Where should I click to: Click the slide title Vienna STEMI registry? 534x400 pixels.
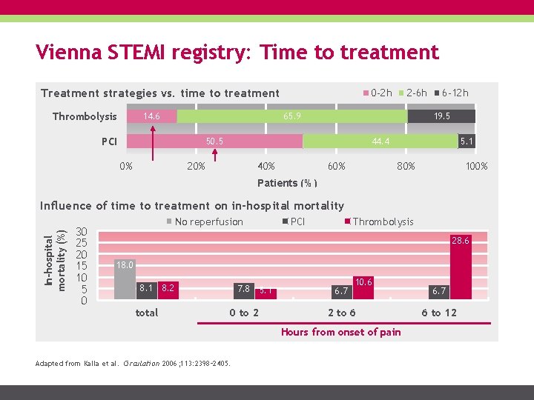click(x=237, y=53)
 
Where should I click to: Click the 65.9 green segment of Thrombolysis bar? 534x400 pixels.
click(x=292, y=116)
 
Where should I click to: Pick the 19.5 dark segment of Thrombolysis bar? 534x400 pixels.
click(x=441, y=116)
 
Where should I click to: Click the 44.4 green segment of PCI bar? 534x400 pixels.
click(x=381, y=141)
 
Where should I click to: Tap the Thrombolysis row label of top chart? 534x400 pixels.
click(x=84, y=116)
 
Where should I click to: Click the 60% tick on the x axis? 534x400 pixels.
click(x=336, y=166)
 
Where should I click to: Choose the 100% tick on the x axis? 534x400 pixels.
click(x=475, y=166)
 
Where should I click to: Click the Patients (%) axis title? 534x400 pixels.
click(x=287, y=183)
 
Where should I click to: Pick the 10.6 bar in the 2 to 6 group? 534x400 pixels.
click(x=363, y=287)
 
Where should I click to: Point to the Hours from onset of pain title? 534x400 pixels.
click(x=340, y=332)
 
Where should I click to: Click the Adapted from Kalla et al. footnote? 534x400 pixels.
click(x=133, y=363)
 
